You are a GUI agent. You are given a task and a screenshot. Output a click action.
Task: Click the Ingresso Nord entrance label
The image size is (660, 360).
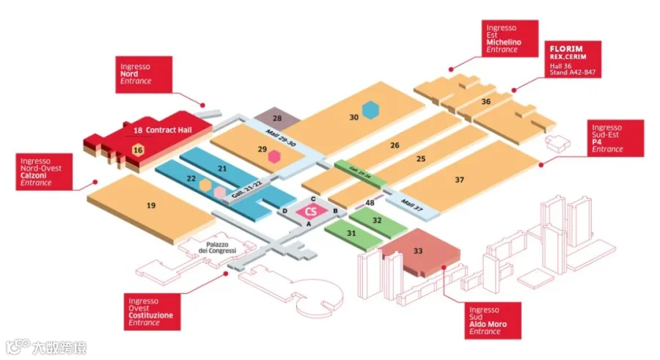(x=144, y=73)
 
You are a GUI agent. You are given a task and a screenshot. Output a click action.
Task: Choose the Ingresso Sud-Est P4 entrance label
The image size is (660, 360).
(x=615, y=138)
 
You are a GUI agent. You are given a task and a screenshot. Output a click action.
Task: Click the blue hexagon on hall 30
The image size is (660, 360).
(x=373, y=110)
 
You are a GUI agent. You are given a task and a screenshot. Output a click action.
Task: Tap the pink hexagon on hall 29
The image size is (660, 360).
(x=274, y=155)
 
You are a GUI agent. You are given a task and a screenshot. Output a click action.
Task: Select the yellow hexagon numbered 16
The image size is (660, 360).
(x=137, y=150)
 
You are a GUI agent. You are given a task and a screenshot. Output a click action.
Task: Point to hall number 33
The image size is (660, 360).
(x=418, y=251)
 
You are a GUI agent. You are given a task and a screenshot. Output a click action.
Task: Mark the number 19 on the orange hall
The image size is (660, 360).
(x=151, y=205)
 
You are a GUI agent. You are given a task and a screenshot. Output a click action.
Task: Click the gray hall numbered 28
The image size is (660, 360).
(x=276, y=118)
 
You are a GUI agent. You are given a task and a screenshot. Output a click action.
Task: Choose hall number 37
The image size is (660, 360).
(x=460, y=180)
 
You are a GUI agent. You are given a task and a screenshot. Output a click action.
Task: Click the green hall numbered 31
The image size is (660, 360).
(x=351, y=234)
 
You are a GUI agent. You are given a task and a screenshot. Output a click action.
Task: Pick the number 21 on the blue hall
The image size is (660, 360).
(x=223, y=169)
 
